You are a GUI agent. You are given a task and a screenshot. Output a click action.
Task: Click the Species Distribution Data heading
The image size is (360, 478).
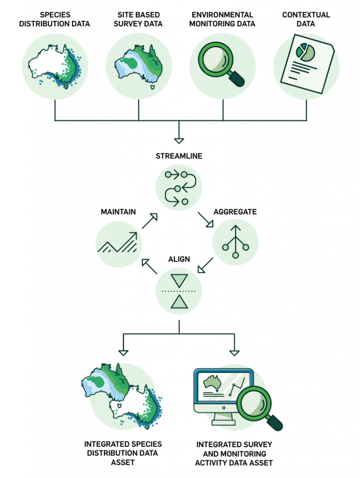click(x=55, y=19)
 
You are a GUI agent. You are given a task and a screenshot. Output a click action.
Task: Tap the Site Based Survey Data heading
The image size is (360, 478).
click(x=138, y=19)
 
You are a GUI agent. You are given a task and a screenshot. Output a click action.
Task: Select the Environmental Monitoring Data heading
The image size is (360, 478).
click(x=222, y=19)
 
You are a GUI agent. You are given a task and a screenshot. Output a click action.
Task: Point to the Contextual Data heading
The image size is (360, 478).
click(x=306, y=19)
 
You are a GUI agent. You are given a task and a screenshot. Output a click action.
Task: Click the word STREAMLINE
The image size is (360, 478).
click(x=179, y=156)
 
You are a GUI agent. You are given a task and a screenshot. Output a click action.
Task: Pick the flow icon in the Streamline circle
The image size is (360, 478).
click(x=179, y=188)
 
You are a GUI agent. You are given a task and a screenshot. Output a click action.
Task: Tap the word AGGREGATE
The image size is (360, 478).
click(x=235, y=212)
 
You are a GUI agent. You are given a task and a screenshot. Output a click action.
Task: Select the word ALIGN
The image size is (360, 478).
click(x=179, y=260)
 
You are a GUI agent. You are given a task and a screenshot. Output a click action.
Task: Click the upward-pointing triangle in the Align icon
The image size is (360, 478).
click(x=179, y=302)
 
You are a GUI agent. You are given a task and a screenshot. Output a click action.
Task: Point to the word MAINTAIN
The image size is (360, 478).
click(x=118, y=212)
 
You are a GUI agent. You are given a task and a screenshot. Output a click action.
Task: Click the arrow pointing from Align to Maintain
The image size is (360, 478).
click(x=150, y=267)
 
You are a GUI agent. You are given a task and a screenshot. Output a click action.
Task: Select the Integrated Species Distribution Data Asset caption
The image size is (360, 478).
click(x=123, y=453)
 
